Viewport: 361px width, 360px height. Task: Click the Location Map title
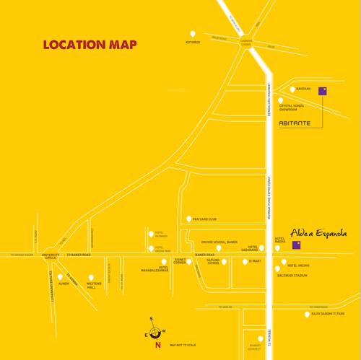(90, 43)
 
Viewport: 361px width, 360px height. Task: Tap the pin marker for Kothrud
(191, 33)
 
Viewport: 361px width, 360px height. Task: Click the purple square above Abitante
(323, 91)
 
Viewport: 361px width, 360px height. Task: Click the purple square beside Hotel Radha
(295, 245)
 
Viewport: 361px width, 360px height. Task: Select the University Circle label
(51, 257)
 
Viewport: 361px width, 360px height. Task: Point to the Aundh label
(64, 283)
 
